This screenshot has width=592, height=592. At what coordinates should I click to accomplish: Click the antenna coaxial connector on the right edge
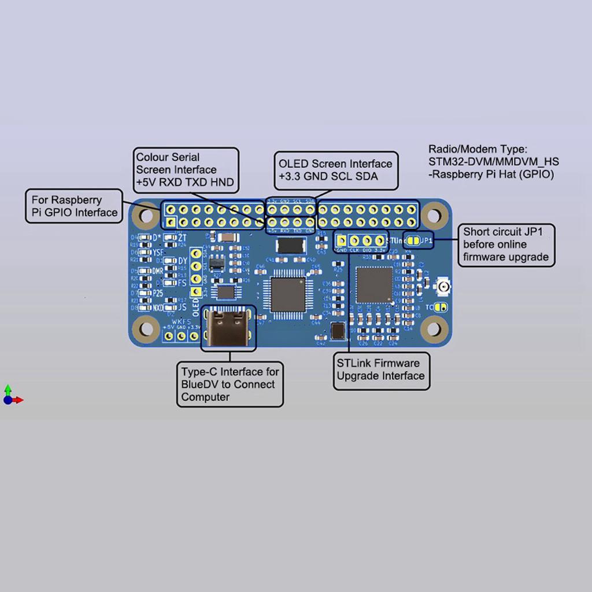(444, 287)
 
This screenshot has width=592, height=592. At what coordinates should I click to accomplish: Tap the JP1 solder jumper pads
(412, 240)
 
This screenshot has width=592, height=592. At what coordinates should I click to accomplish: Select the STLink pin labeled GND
(341, 240)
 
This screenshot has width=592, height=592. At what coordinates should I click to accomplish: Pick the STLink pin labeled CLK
(354, 240)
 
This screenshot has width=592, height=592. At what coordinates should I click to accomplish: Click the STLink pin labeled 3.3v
(380, 240)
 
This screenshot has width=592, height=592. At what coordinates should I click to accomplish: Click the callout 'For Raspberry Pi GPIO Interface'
(75, 206)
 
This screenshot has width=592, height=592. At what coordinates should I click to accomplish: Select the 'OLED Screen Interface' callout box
(335, 171)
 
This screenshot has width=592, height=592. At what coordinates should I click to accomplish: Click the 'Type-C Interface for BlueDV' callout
(230, 384)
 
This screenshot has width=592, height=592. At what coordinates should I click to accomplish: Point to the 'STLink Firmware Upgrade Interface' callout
(381, 370)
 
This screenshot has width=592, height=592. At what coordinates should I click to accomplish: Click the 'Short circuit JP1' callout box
(506, 245)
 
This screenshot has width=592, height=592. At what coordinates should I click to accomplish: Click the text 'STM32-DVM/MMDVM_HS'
(494, 161)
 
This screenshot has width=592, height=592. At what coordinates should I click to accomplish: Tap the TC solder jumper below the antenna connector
(441, 308)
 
